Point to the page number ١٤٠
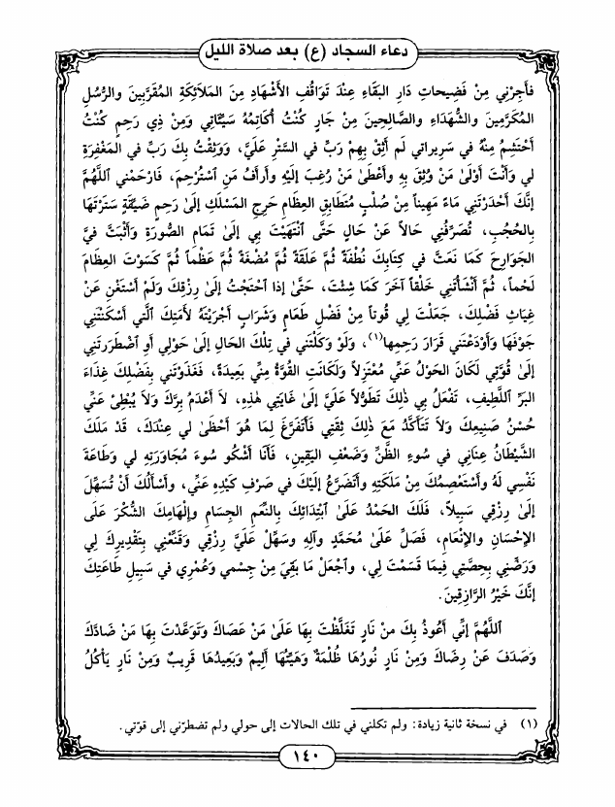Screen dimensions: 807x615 [x=307, y=785]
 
